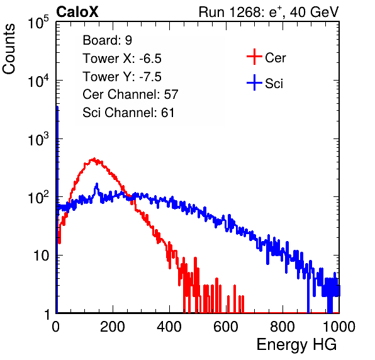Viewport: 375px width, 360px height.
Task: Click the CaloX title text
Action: click(77, 12)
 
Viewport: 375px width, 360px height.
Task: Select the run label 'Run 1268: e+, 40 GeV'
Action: click(269, 12)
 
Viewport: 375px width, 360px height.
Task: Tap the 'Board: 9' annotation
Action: click(107, 40)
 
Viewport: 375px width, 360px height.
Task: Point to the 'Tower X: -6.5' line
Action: click(122, 59)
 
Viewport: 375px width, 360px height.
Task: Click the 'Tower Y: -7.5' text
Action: click(122, 77)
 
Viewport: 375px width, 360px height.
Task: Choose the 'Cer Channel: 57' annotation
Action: click(130, 94)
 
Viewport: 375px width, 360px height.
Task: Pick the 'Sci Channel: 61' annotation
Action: click(128, 113)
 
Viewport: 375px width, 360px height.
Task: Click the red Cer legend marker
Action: click(254, 57)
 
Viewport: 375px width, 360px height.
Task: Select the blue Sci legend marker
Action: click(254, 82)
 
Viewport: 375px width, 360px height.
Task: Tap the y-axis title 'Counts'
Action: click(9, 49)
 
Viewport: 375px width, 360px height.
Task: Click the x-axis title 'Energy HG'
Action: click(296, 345)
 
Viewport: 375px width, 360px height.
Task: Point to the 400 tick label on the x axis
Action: click(169, 327)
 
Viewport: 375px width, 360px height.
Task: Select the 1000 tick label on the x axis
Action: click(339, 327)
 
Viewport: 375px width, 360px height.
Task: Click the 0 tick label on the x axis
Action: click(56, 327)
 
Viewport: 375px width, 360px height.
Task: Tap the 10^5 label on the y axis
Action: click(38, 23)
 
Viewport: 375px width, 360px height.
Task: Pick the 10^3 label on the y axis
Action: click(38, 140)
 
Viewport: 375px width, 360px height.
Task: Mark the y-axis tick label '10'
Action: click(42, 256)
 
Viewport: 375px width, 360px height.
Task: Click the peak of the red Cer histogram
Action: click(94, 159)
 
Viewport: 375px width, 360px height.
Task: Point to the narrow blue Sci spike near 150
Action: click(97, 184)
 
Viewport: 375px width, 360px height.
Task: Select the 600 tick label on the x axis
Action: click(226, 327)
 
